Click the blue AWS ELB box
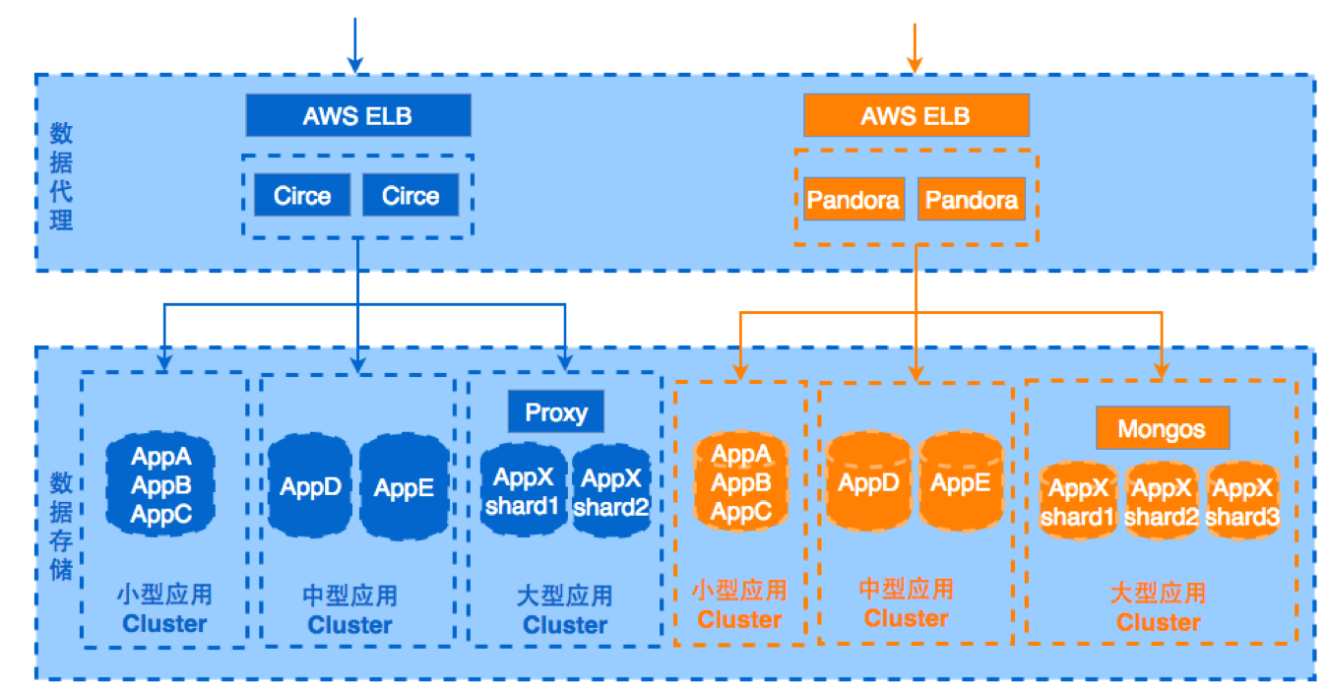[357, 116]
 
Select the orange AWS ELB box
[916, 116]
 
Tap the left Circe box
[301, 195]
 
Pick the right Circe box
[410, 195]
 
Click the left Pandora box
[853, 200]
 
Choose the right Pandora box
[971, 200]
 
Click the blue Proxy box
[555, 411]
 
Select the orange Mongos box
[1163, 429]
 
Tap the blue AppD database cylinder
[310, 486]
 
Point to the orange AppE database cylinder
[961, 482]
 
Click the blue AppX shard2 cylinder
[611, 492]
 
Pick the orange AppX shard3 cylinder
[1241, 501]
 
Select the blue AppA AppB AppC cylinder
[160, 484]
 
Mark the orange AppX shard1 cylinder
[1079, 501]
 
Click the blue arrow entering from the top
[356, 44]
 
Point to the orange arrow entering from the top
[915, 47]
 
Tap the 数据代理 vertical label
[61, 176]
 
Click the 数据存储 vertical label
[61, 512]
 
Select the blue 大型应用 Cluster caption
[564, 610]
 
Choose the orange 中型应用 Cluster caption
[906, 603]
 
